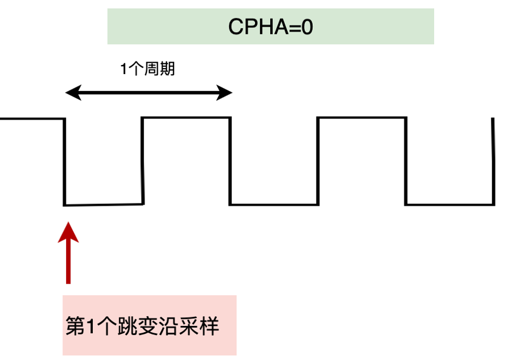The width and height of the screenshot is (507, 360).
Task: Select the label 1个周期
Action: (x=147, y=69)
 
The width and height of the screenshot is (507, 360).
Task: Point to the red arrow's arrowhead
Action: (x=68, y=231)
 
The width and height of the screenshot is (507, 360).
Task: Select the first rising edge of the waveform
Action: (x=143, y=161)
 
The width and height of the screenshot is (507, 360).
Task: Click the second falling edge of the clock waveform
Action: (x=230, y=161)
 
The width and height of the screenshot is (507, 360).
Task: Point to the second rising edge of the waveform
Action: (x=318, y=161)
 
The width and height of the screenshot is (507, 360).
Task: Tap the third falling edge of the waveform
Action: (x=406, y=161)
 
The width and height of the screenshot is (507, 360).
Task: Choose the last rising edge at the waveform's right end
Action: (x=492, y=161)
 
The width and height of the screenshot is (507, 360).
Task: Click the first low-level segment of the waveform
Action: (x=103, y=205)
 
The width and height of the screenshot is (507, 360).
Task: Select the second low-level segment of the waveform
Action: (x=273, y=204)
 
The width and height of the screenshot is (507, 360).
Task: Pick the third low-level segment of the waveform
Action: (x=449, y=204)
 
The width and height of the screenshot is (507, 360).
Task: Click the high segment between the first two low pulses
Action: (x=186, y=118)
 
